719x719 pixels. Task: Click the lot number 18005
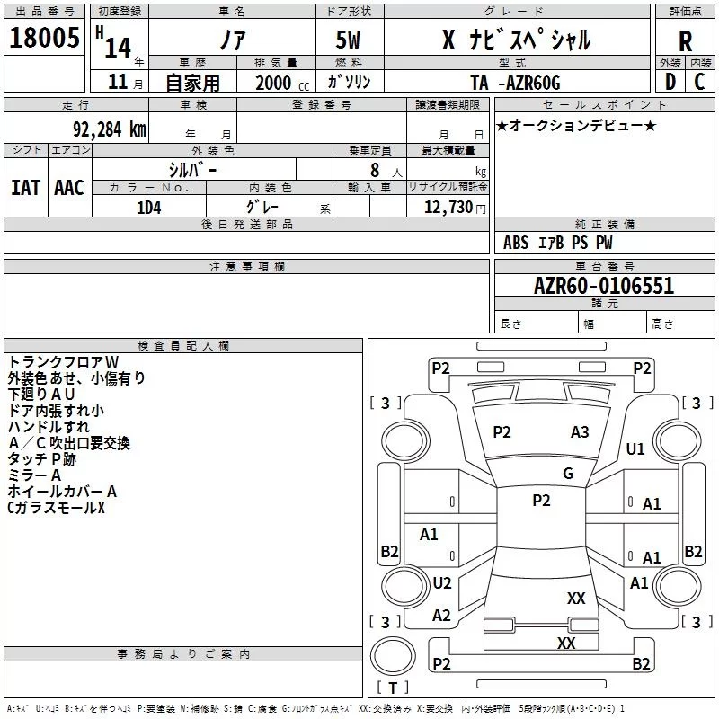(x=44, y=39)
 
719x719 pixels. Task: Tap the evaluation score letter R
(x=685, y=40)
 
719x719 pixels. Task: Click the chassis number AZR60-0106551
(x=603, y=286)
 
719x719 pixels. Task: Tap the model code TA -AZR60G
(x=515, y=83)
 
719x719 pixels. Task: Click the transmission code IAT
(x=25, y=188)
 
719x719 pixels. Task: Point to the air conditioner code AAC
(x=68, y=188)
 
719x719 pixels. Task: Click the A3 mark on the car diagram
(x=580, y=432)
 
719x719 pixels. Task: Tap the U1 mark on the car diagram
(x=635, y=448)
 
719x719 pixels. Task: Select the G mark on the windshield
(x=567, y=474)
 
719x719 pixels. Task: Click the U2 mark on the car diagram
(x=441, y=583)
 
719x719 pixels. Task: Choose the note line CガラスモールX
(x=56, y=508)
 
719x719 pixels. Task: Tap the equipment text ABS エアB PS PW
(x=557, y=243)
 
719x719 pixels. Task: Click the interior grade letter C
(x=699, y=83)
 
